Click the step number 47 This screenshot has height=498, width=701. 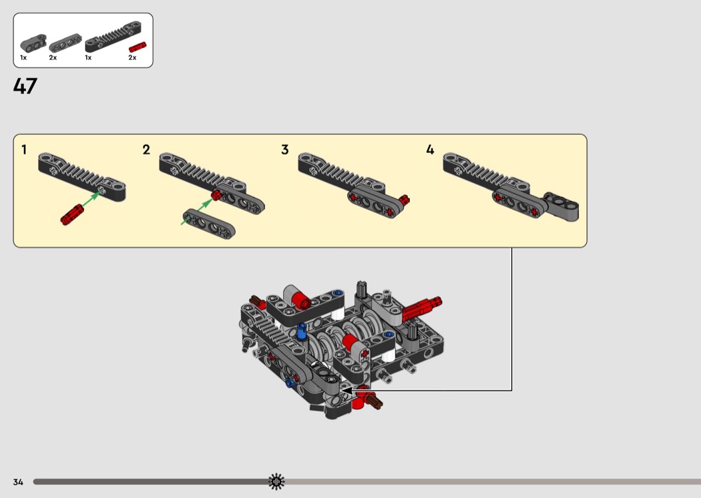25,86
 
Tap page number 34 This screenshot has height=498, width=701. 18,482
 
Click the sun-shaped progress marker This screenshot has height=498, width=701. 276,481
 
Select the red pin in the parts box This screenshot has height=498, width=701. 138,47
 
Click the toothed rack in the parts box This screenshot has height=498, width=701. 113,36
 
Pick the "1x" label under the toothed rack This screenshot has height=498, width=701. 88,57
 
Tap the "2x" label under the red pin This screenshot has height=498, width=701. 132,57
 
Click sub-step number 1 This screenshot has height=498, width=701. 24,150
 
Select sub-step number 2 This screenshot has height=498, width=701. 146,150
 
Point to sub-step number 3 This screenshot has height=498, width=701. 285,150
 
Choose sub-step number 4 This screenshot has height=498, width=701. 430,150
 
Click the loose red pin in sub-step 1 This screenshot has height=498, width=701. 72,214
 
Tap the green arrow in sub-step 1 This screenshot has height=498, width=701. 92,200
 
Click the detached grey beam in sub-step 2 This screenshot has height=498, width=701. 209,224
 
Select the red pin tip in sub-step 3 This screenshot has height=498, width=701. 404,200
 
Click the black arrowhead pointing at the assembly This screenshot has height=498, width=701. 348,391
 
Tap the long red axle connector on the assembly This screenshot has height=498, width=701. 422,307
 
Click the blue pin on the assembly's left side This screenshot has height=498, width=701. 302,332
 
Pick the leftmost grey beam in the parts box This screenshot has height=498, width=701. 33,43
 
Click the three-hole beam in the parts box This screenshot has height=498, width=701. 65,43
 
